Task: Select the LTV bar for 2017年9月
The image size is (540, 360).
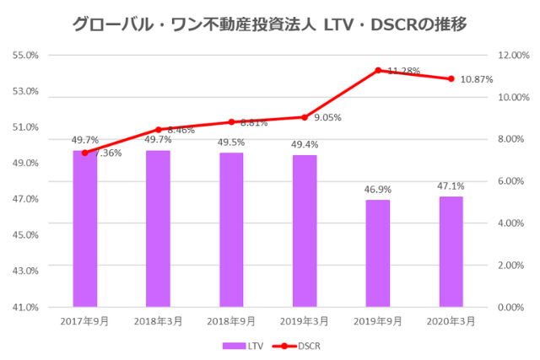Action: pos(84,228)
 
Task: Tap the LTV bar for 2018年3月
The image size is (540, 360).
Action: pos(158,228)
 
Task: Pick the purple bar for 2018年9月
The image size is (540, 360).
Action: pos(231,230)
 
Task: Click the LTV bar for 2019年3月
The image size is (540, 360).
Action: pos(305,231)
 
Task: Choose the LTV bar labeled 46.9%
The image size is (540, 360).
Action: pos(378,253)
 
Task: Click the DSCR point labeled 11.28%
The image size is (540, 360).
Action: pos(378,71)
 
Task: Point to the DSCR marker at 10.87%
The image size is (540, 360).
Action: pos(451,79)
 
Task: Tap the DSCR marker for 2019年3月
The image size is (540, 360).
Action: pos(305,117)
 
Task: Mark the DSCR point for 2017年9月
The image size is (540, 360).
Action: pos(84,153)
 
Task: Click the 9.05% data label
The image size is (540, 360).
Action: pos(327,118)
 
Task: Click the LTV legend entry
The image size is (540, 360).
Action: pos(244,345)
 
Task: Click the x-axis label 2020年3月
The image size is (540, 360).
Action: pos(451,321)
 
